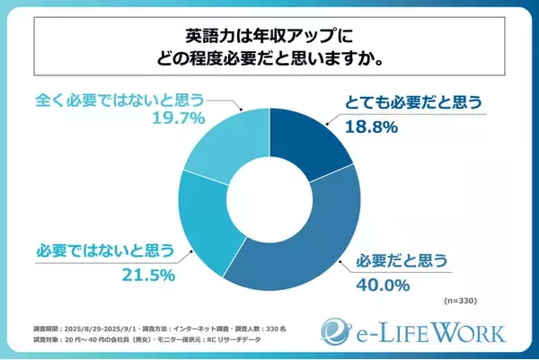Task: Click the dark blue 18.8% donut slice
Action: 315,140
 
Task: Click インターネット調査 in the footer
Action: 208,329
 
